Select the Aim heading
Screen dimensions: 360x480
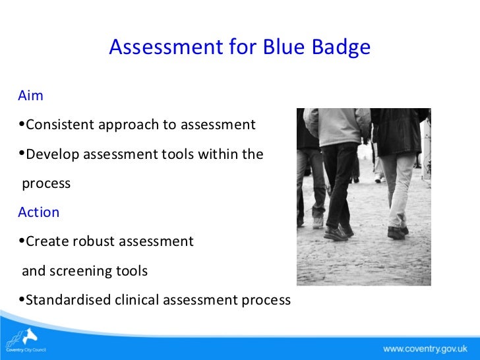point(31,96)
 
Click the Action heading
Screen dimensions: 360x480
point(39,212)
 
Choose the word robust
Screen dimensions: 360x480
point(94,241)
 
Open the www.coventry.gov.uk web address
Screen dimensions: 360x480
point(425,348)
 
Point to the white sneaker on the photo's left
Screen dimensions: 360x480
point(318,222)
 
